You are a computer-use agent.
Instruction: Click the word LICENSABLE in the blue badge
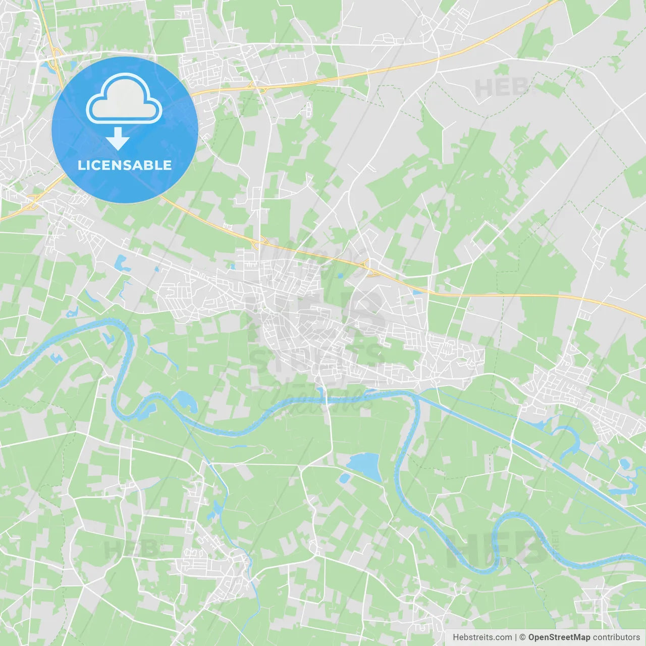click(125, 165)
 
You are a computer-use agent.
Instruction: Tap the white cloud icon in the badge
click(124, 99)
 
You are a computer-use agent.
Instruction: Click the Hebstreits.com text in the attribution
click(482, 637)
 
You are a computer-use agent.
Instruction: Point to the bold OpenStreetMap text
click(559, 637)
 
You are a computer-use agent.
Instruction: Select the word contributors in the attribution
click(616, 637)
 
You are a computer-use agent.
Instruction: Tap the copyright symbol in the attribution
click(522, 637)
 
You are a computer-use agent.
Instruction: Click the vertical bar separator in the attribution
click(516, 637)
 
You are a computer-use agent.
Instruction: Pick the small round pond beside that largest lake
click(345, 477)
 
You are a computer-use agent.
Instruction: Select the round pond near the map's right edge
click(624, 463)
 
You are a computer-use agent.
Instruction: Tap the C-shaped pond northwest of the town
click(121, 262)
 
